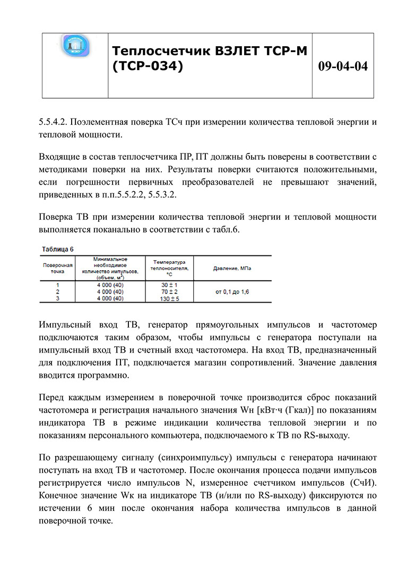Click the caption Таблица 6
tap(57, 248)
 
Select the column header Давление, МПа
tap(232, 269)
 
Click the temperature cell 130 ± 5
tap(168, 298)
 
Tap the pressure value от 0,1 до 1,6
tap(232, 291)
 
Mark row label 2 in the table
tap(57, 291)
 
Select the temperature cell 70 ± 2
tap(168, 291)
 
